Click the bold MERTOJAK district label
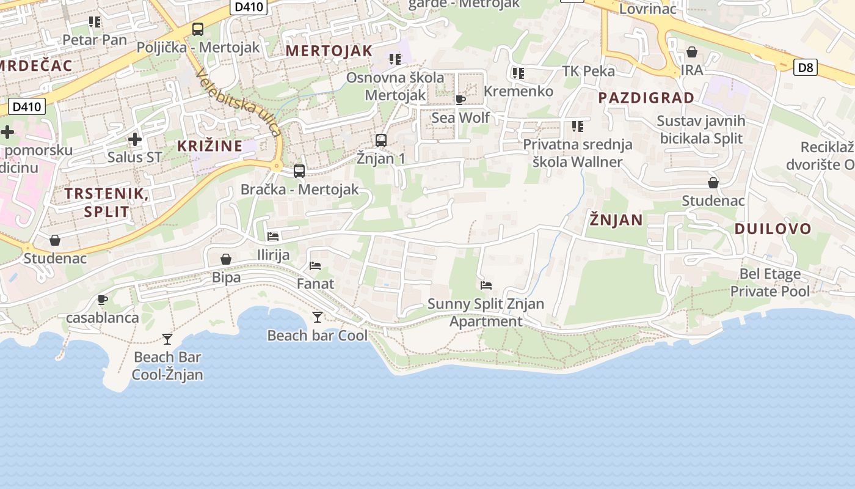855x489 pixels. point(329,51)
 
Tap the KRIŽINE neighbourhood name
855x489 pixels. point(209,146)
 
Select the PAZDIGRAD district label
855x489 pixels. point(646,98)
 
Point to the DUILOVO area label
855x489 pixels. point(773,229)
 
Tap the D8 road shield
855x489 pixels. point(806,67)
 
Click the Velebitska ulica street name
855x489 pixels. point(239,101)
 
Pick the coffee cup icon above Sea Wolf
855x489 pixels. point(460,100)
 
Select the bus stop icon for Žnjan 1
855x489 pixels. point(381,141)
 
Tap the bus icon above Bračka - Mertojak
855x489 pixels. point(299,171)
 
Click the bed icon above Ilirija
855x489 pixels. point(273,236)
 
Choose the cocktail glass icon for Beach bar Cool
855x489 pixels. point(317,317)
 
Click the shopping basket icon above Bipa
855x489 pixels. point(226,259)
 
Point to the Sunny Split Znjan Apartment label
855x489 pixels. point(486,312)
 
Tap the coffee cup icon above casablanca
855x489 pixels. point(103,300)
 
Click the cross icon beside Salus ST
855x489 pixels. point(135,139)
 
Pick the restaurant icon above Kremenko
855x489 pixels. point(518,73)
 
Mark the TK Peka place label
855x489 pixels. point(588,71)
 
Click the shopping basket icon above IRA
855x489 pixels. point(692,52)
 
